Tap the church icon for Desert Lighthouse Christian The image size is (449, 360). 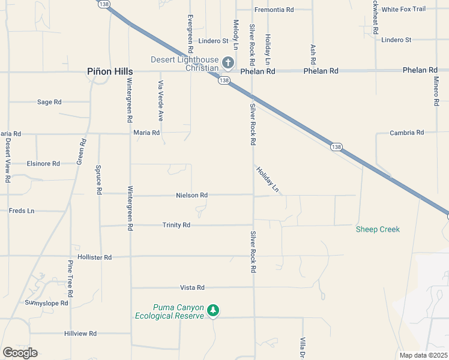(228, 62)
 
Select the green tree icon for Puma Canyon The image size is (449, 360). (213, 310)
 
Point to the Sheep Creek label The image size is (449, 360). (378, 229)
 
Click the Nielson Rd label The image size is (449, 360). (191, 195)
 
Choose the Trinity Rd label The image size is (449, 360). (176, 225)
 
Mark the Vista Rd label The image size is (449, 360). (192, 287)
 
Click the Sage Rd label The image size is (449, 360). (49, 102)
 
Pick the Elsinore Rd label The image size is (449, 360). (43, 163)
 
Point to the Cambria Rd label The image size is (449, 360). (407, 133)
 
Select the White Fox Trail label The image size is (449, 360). (403, 9)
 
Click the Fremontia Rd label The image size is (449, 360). (274, 10)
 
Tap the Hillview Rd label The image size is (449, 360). (80, 333)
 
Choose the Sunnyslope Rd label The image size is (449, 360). (46, 303)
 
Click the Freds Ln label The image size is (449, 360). (22, 211)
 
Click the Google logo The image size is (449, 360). (20, 353)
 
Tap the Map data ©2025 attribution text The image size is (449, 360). (423, 355)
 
